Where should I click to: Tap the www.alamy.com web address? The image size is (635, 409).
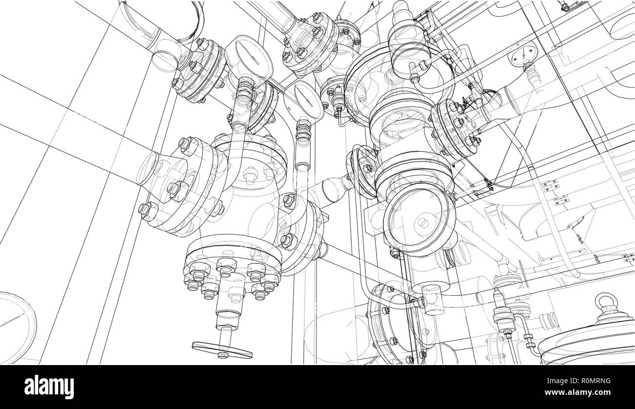click(587, 392)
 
